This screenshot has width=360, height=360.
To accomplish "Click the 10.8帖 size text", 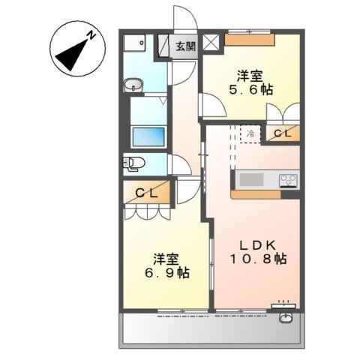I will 257,259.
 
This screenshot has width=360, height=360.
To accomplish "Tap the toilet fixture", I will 133,163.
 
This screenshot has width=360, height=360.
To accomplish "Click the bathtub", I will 148,137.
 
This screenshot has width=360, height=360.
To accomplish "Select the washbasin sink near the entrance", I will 133,85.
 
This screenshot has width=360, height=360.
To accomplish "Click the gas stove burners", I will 289,180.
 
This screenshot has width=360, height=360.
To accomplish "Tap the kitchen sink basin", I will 252,180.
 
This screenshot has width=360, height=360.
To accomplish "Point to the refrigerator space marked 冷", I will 250,133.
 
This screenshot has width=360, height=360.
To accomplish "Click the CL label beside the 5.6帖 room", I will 283,133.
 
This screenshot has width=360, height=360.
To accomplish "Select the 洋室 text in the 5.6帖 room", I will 250,76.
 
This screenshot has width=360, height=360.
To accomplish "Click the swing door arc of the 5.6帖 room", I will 212,106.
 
